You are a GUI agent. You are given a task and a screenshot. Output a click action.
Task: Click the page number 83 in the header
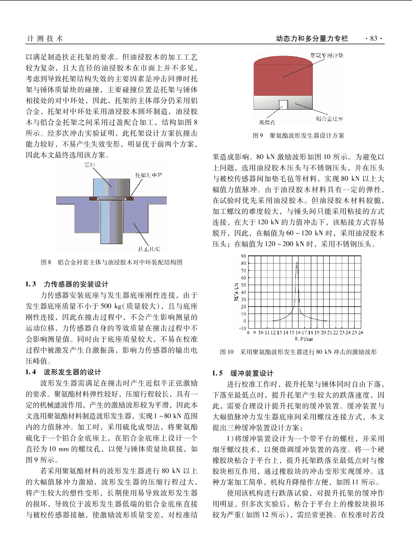click(x=374, y=38)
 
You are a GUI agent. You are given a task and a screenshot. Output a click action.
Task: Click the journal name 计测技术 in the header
click(x=45, y=38)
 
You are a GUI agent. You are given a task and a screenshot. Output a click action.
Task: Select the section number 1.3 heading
click(x=31, y=284)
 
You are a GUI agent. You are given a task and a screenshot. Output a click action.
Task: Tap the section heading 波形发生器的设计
click(x=72, y=372)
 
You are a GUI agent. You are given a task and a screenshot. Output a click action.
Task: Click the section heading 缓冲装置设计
click(x=252, y=373)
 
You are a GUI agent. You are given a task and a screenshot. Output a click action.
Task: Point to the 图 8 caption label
click(x=46, y=262)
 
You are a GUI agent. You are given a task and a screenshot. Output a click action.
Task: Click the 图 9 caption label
click(x=258, y=135)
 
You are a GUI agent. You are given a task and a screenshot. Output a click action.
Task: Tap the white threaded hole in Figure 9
click(x=283, y=104)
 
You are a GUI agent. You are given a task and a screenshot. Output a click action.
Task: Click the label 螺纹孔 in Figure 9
click(x=267, y=122)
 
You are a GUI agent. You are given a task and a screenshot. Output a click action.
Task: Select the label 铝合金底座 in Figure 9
click(x=329, y=119)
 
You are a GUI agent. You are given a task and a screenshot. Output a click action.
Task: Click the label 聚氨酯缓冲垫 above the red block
click(x=327, y=56)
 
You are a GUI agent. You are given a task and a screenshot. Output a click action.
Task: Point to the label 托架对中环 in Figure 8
click(x=149, y=175)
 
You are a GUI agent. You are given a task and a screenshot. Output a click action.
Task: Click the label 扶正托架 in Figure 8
click(x=149, y=249)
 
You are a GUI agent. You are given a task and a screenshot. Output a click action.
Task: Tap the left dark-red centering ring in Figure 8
click(x=93, y=199)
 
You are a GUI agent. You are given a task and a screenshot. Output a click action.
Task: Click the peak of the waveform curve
click(x=297, y=263)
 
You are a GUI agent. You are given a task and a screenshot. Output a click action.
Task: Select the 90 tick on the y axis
click(x=244, y=256)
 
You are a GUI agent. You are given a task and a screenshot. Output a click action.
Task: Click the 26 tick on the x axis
click(x=361, y=332)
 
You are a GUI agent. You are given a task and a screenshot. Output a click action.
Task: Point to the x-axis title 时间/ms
click(x=304, y=339)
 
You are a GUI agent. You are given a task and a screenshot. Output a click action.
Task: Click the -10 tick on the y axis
click(x=242, y=329)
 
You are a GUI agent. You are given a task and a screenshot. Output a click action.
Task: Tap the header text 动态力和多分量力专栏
click(x=312, y=38)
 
